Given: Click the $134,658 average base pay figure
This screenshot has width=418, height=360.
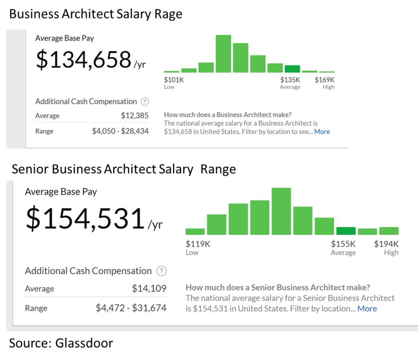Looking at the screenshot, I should (x=83, y=60).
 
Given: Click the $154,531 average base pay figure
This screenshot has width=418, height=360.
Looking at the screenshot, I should (x=85, y=219).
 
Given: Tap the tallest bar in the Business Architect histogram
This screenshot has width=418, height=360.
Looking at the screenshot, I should (x=223, y=54).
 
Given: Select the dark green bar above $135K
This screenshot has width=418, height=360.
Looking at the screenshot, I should (x=292, y=69).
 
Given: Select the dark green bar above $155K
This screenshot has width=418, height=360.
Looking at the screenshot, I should (x=346, y=231).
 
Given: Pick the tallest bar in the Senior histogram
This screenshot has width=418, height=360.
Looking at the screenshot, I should (x=281, y=211).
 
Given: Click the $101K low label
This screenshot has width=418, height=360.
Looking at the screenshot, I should (x=174, y=80).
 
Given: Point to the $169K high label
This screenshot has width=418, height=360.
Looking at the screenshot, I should (x=325, y=80).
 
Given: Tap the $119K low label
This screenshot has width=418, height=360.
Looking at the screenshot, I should (x=198, y=244).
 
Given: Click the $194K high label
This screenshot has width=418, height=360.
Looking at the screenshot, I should (x=386, y=244).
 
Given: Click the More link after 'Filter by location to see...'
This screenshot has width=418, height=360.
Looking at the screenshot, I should (x=322, y=132).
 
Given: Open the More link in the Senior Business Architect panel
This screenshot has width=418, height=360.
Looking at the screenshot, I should (x=367, y=309).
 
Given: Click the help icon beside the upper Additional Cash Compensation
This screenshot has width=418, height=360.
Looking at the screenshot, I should (x=145, y=102).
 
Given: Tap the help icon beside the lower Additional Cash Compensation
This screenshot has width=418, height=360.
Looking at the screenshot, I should (x=162, y=271).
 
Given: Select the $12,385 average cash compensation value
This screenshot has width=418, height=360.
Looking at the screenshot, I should (x=135, y=116).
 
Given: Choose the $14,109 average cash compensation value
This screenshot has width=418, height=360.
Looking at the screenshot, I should (x=149, y=289).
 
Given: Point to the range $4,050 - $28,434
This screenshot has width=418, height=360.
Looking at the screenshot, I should (x=120, y=131).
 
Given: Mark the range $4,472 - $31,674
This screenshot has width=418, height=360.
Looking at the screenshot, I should (x=131, y=308).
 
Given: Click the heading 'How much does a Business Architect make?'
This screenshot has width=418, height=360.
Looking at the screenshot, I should (x=228, y=115).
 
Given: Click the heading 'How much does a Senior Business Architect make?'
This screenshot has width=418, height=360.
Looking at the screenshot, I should (x=278, y=288).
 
